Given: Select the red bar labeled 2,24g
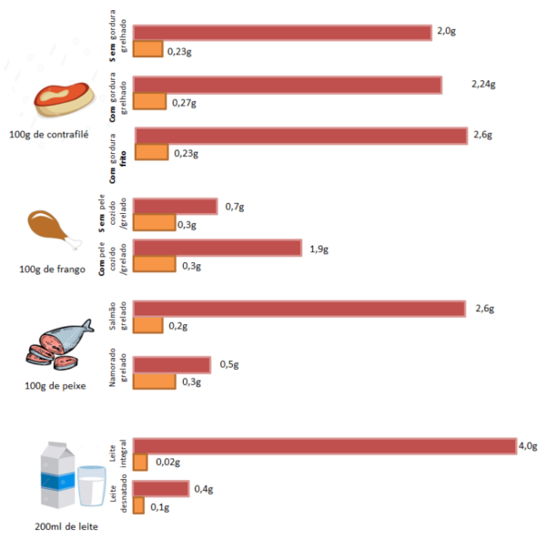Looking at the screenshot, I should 288,85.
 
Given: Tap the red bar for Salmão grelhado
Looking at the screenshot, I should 299,309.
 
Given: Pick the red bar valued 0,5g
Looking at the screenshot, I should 173,364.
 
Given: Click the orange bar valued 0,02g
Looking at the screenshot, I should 140,463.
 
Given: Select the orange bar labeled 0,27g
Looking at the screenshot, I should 149,102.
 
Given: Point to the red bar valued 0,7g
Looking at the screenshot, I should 176,207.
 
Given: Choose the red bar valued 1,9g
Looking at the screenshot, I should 217,248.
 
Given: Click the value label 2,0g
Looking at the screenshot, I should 446,31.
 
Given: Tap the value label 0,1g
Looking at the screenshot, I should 159,506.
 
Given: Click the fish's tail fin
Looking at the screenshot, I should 88,324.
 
